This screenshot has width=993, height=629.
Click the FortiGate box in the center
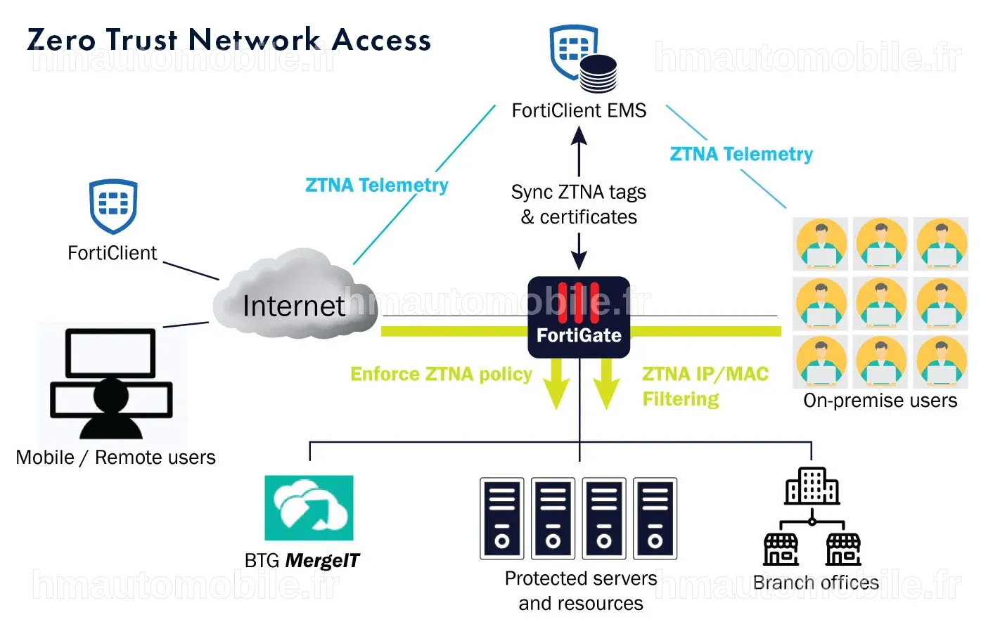[579, 317]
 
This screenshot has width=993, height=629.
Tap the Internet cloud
[295, 294]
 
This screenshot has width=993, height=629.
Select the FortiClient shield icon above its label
[113, 207]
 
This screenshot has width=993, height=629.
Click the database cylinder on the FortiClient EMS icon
[598, 74]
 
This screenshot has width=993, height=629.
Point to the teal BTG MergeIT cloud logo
[309, 507]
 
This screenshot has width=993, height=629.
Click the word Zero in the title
[61, 40]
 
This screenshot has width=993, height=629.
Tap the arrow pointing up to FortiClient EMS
[579, 152]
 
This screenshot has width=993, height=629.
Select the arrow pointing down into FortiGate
[579, 251]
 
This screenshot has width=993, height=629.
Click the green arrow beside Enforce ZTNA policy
[556, 384]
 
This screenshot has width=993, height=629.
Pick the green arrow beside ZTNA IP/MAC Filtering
[606, 384]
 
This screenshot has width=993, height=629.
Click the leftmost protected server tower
[502, 518]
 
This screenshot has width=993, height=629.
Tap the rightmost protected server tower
[655, 518]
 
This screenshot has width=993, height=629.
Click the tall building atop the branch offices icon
[812, 486]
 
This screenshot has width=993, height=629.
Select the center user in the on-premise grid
[880, 304]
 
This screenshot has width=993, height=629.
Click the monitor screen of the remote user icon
[110, 353]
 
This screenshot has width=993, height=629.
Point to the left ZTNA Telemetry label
[377, 185]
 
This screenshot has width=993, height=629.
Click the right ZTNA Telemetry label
[741, 154]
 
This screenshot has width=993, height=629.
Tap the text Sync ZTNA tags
[579, 193]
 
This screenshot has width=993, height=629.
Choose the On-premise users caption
[880, 400]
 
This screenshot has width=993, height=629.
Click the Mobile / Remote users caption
[115, 457]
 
